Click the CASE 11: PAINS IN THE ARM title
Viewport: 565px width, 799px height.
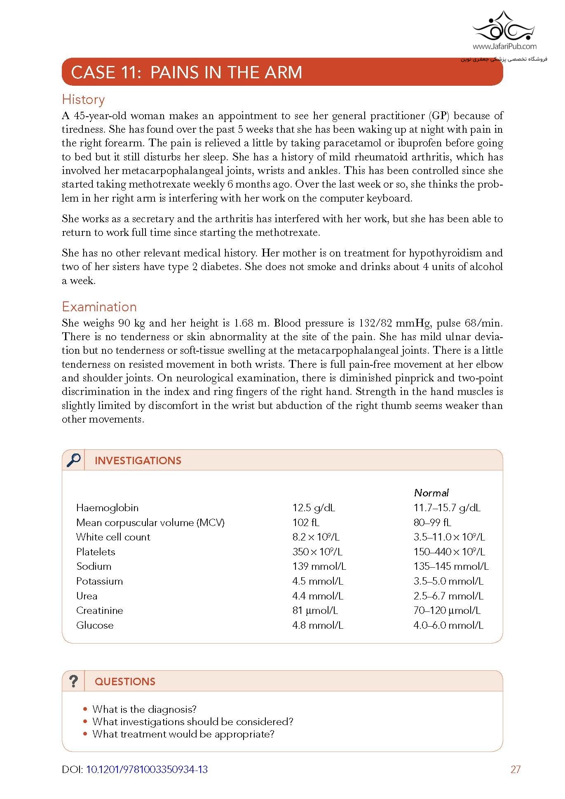[x=186, y=73]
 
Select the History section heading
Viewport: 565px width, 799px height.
[x=83, y=100]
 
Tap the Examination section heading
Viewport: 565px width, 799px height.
[x=99, y=307]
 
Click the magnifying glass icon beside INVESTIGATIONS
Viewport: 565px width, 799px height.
[x=73, y=460]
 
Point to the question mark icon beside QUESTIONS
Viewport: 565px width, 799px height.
[x=73, y=681]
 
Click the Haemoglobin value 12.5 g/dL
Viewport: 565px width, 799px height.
[x=314, y=508]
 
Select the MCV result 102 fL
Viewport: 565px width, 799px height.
[x=306, y=522]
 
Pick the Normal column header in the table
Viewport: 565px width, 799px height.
[x=431, y=493]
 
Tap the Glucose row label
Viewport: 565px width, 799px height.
[x=95, y=625]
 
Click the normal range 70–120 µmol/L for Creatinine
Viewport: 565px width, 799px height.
[x=447, y=610]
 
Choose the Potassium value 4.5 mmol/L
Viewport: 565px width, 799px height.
[x=317, y=581]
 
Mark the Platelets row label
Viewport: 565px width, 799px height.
[x=96, y=552]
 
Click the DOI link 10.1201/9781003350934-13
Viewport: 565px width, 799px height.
[x=147, y=769]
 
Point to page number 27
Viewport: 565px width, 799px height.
[x=515, y=769]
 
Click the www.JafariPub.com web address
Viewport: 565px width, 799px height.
[x=504, y=47]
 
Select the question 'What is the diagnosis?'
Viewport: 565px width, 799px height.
[x=144, y=709]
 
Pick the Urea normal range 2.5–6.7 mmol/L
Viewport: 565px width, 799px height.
[x=448, y=596]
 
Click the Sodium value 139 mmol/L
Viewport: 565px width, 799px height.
[x=319, y=566]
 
